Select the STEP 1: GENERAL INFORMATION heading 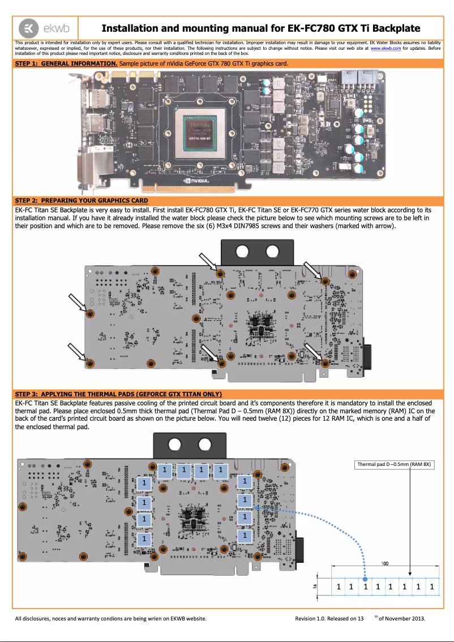[66, 64]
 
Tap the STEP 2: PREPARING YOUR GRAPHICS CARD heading [82, 200]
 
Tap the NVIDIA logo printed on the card [196, 181]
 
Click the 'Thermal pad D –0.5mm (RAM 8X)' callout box [394, 464]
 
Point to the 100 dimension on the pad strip [384, 564]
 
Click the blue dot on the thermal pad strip [365, 579]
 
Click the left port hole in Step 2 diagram [243, 251]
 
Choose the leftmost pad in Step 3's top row [164, 470]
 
